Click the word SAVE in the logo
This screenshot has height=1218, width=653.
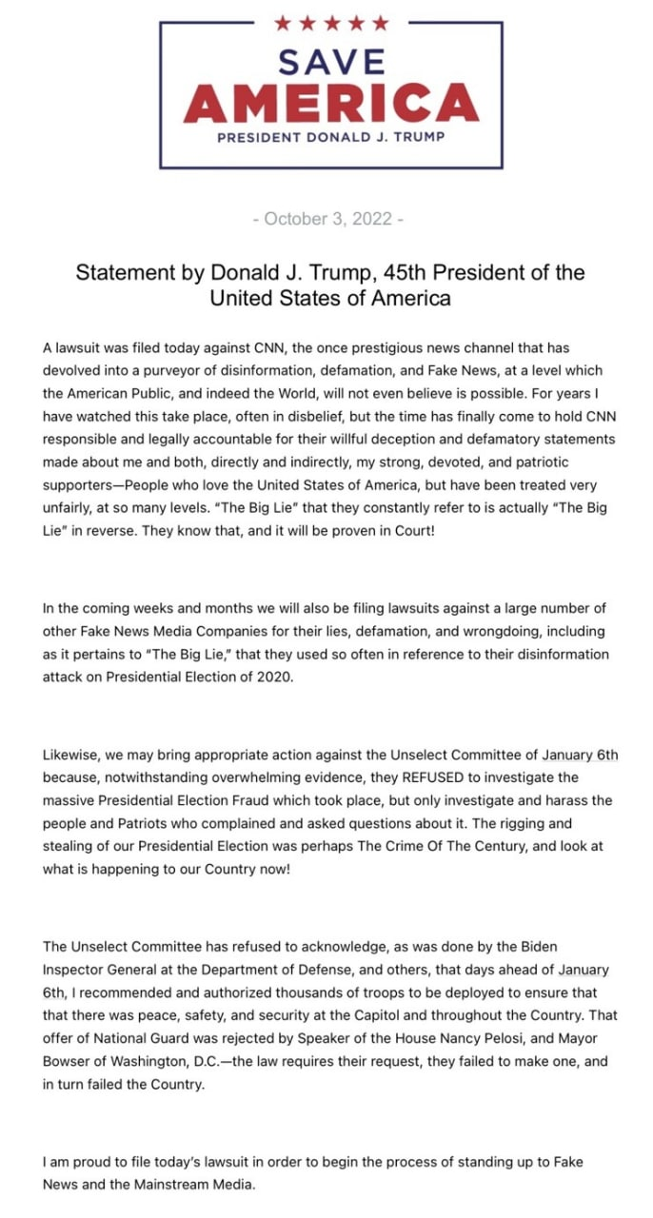pos(331,63)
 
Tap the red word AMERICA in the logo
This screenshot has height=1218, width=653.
pos(331,103)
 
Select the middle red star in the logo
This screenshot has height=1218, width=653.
pos(331,23)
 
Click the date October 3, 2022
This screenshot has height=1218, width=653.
pos(328,219)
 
